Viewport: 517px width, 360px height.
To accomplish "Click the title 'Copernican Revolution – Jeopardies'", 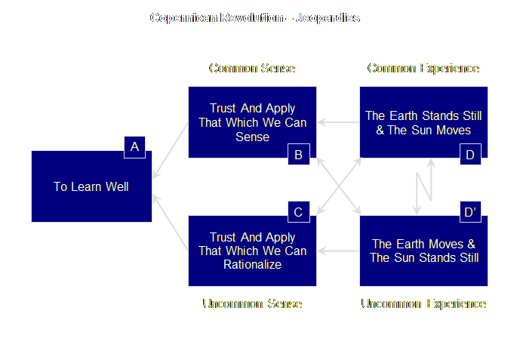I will point(254,17).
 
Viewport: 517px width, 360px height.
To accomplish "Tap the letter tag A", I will point(134,147).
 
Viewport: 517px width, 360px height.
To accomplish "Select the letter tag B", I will point(299,155).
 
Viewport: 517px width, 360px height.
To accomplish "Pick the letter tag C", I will point(298,212).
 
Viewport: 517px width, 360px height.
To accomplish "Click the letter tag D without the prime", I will point(470,155).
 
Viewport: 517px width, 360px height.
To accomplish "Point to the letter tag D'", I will point(470,212).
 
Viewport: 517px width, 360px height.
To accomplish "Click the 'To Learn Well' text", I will point(91,186).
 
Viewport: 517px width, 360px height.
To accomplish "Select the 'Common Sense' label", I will point(252,69).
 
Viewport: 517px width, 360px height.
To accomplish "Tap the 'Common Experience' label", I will point(423,69).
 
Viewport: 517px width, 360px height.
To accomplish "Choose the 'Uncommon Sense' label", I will point(252,303).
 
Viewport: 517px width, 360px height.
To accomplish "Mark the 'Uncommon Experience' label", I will point(423,303).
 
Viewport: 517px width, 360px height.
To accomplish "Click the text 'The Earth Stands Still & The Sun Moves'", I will point(423,122).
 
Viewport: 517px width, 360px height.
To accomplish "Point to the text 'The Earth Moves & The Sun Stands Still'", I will point(423,251).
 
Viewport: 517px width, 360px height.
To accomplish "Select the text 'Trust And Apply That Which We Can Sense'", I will point(252,122).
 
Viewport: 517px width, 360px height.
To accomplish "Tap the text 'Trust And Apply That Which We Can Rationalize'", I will point(252,251).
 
